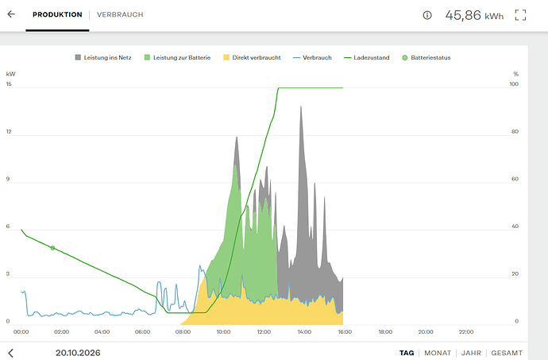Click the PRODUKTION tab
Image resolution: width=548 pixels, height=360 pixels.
(x=57, y=14)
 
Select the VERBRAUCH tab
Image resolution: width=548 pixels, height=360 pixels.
(x=120, y=14)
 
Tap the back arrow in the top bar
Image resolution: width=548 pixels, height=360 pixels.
(x=11, y=14)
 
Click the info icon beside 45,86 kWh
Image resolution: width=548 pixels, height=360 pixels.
(x=427, y=15)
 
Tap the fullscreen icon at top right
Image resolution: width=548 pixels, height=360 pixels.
(x=520, y=15)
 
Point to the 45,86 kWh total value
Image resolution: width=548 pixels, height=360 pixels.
(x=474, y=15)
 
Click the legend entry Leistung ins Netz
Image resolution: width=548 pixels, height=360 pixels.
(x=103, y=57)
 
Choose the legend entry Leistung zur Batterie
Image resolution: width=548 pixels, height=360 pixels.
(x=178, y=57)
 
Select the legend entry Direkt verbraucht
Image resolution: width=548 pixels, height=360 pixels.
(x=252, y=57)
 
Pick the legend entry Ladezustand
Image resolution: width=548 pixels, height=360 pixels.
(x=367, y=57)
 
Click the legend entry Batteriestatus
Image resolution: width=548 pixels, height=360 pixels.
(x=426, y=57)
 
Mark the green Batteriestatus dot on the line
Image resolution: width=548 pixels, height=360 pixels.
(x=52, y=248)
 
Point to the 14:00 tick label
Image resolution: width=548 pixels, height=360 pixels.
(x=304, y=331)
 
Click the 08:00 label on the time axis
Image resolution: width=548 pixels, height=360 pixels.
(x=183, y=331)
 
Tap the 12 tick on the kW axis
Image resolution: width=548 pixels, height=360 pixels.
(x=9, y=132)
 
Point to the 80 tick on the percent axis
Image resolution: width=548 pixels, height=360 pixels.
(x=515, y=132)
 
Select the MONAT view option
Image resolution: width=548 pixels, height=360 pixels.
(x=438, y=353)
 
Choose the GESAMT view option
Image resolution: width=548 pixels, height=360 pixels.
(x=507, y=353)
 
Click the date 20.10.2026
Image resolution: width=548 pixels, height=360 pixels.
(x=78, y=353)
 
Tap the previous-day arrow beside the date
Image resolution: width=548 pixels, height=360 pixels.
(x=11, y=353)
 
